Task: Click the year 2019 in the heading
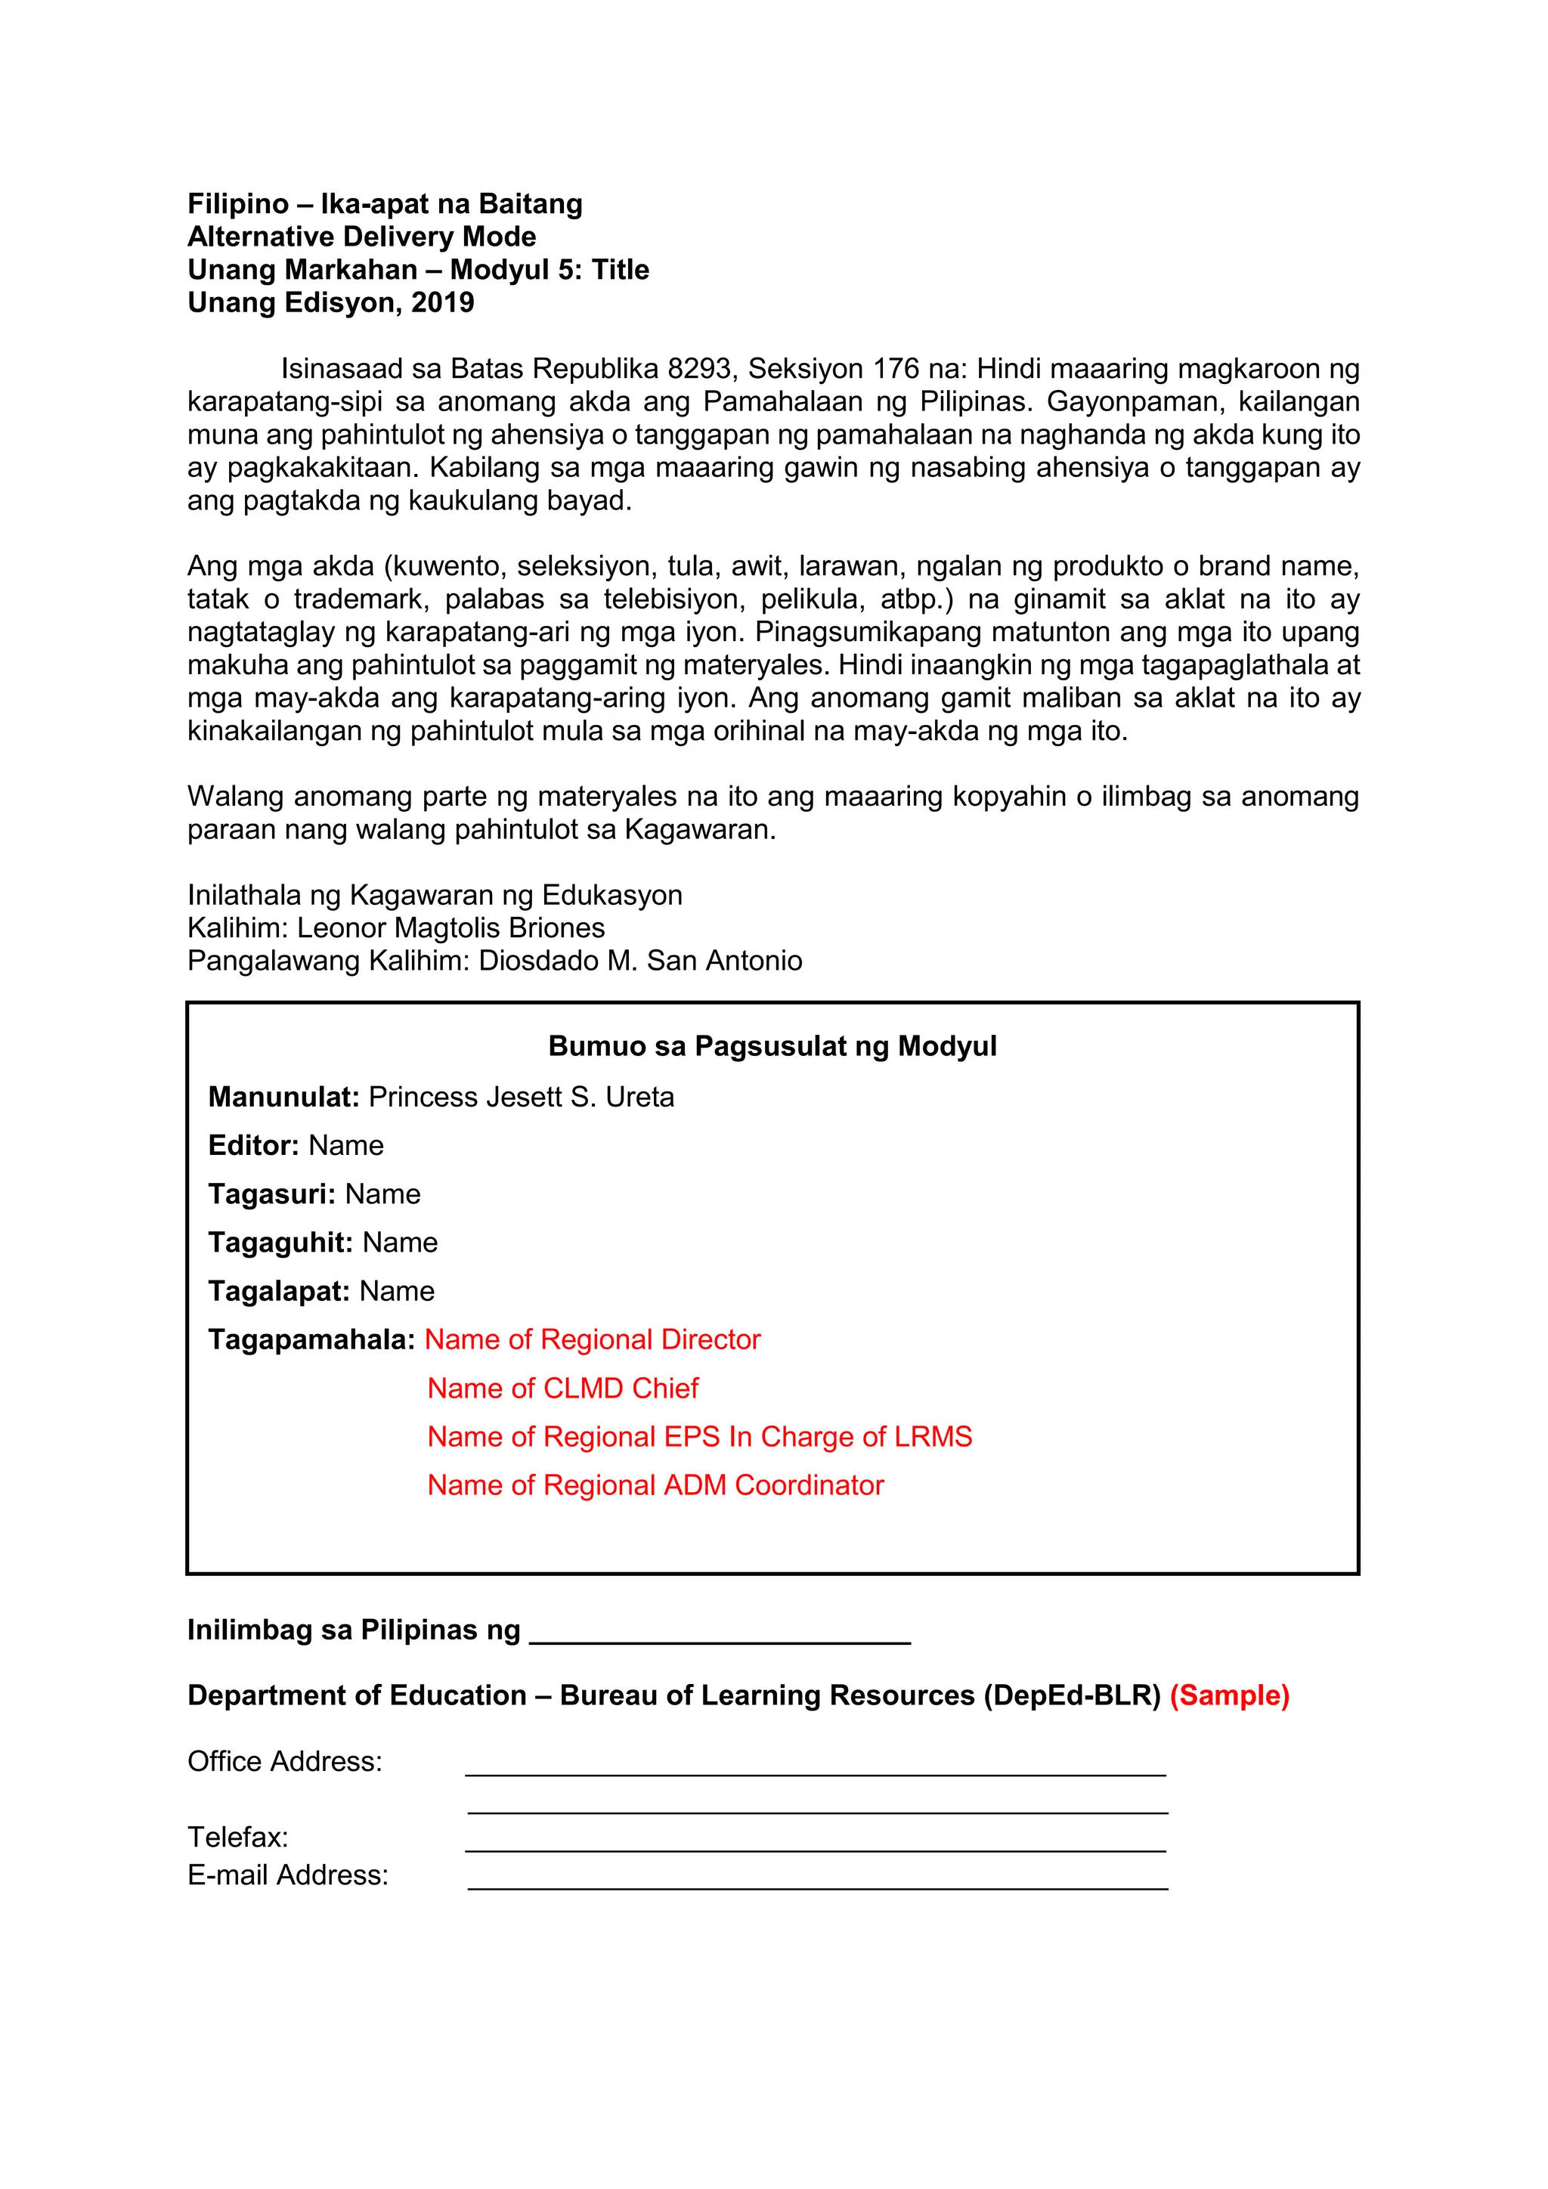click(442, 302)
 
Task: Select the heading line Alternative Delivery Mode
click(361, 237)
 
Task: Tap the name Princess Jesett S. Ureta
click(521, 1097)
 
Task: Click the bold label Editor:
click(253, 1145)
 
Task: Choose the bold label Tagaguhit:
click(280, 1243)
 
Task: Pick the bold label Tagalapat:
click(279, 1291)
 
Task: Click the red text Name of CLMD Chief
click(562, 1388)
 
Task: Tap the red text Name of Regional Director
click(592, 1339)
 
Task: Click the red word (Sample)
click(1229, 1695)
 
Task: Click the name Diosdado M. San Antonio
click(639, 960)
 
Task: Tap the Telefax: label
click(237, 1838)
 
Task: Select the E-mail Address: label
click(287, 1875)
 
